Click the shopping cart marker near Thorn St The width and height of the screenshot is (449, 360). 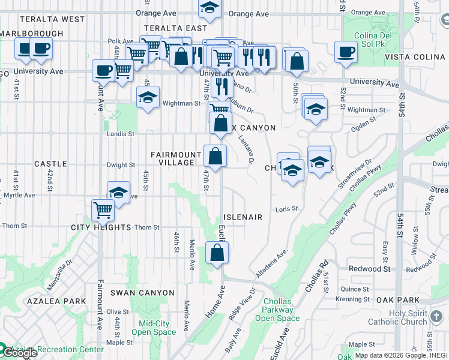click(103, 210)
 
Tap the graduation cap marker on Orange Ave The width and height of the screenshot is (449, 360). click(209, 8)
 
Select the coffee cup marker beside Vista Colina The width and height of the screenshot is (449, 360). click(345, 52)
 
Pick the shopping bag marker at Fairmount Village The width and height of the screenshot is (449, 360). click(215, 156)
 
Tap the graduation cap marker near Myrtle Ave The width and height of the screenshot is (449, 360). click(119, 193)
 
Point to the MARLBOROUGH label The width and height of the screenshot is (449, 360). click(31, 34)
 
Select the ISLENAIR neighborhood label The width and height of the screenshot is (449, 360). click(243, 217)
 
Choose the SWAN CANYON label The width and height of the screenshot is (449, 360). click(143, 293)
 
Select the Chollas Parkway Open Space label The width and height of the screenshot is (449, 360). click(277, 310)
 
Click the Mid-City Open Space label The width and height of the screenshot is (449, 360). click(154, 328)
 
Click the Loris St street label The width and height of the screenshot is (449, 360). click(287, 209)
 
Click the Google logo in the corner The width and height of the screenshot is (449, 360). click(20, 353)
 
